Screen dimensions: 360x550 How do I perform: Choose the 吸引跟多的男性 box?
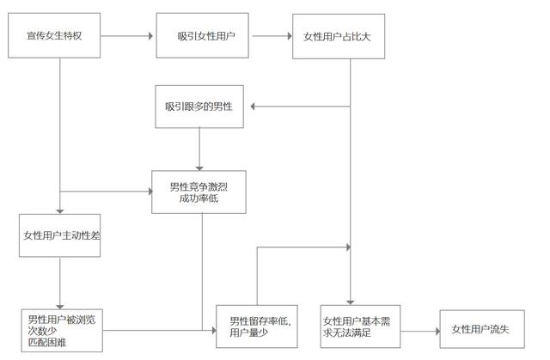199,106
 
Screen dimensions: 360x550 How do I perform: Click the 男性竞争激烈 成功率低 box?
199,192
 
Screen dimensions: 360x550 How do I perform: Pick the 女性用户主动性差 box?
61,235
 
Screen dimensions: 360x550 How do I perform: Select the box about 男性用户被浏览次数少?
62,327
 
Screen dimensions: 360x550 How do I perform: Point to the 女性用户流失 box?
480,328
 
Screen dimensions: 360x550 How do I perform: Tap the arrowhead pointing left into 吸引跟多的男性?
251,106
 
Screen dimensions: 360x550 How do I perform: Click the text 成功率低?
199,199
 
